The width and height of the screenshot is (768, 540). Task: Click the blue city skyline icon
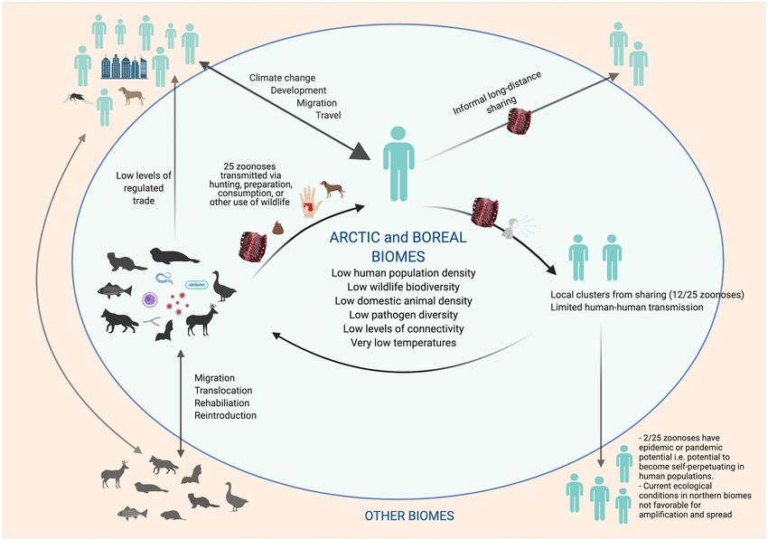[x=124, y=67]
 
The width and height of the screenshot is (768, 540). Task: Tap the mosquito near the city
[x=77, y=99]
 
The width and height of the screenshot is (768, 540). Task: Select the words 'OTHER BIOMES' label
[x=409, y=516]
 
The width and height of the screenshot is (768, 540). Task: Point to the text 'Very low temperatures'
[x=403, y=342]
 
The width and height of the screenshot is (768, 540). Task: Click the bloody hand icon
[x=311, y=201]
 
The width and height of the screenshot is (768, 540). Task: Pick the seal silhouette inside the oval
[x=173, y=256]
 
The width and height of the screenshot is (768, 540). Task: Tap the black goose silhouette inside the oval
[x=224, y=287]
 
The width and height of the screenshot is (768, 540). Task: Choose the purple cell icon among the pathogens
[x=149, y=299]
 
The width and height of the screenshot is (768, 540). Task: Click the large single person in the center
[x=398, y=164]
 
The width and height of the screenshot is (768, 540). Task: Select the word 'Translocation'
[x=223, y=391]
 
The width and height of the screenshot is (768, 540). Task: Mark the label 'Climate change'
[x=282, y=78]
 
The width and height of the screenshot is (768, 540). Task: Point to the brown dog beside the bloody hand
[x=332, y=189]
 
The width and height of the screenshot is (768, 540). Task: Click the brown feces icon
[x=277, y=228]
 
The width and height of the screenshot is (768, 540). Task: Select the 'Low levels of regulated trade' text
[x=144, y=188]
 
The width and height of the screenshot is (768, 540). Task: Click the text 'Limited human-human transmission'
[x=627, y=308]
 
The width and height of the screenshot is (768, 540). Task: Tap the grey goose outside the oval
[x=236, y=497]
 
